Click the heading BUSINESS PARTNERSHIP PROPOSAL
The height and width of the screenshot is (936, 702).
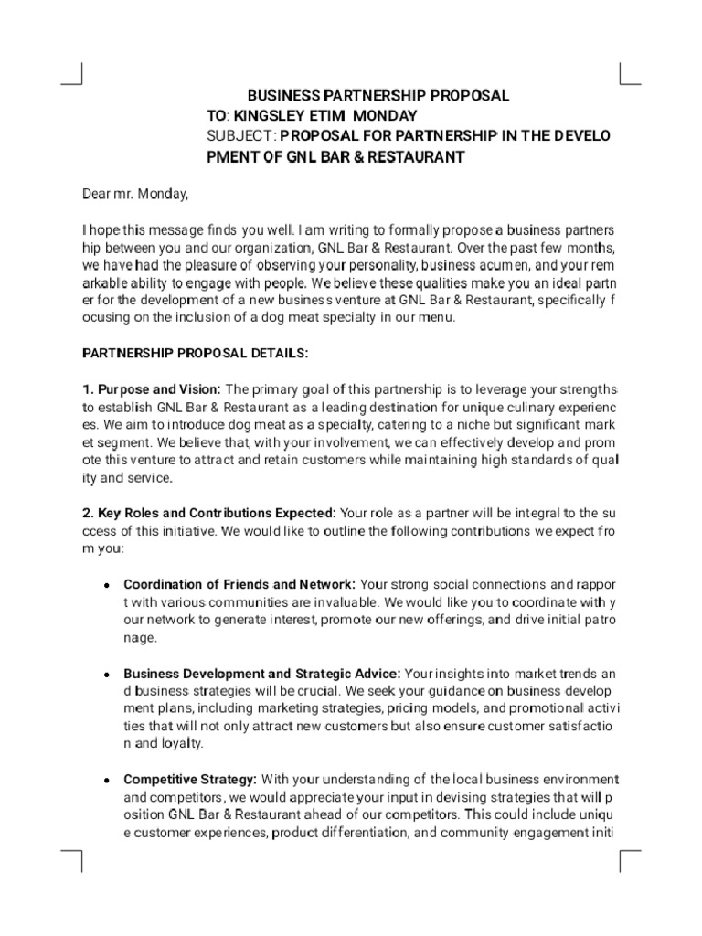tap(378, 96)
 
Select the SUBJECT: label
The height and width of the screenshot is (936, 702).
tap(241, 136)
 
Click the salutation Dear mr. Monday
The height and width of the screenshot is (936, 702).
tap(135, 193)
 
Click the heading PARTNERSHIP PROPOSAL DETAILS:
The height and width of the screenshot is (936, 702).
tap(197, 352)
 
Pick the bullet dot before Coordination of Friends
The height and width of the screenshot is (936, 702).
tap(107, 585)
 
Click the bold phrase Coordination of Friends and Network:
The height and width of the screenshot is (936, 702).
tap(240, 584)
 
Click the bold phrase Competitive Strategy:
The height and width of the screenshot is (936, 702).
tap(191, 780)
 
